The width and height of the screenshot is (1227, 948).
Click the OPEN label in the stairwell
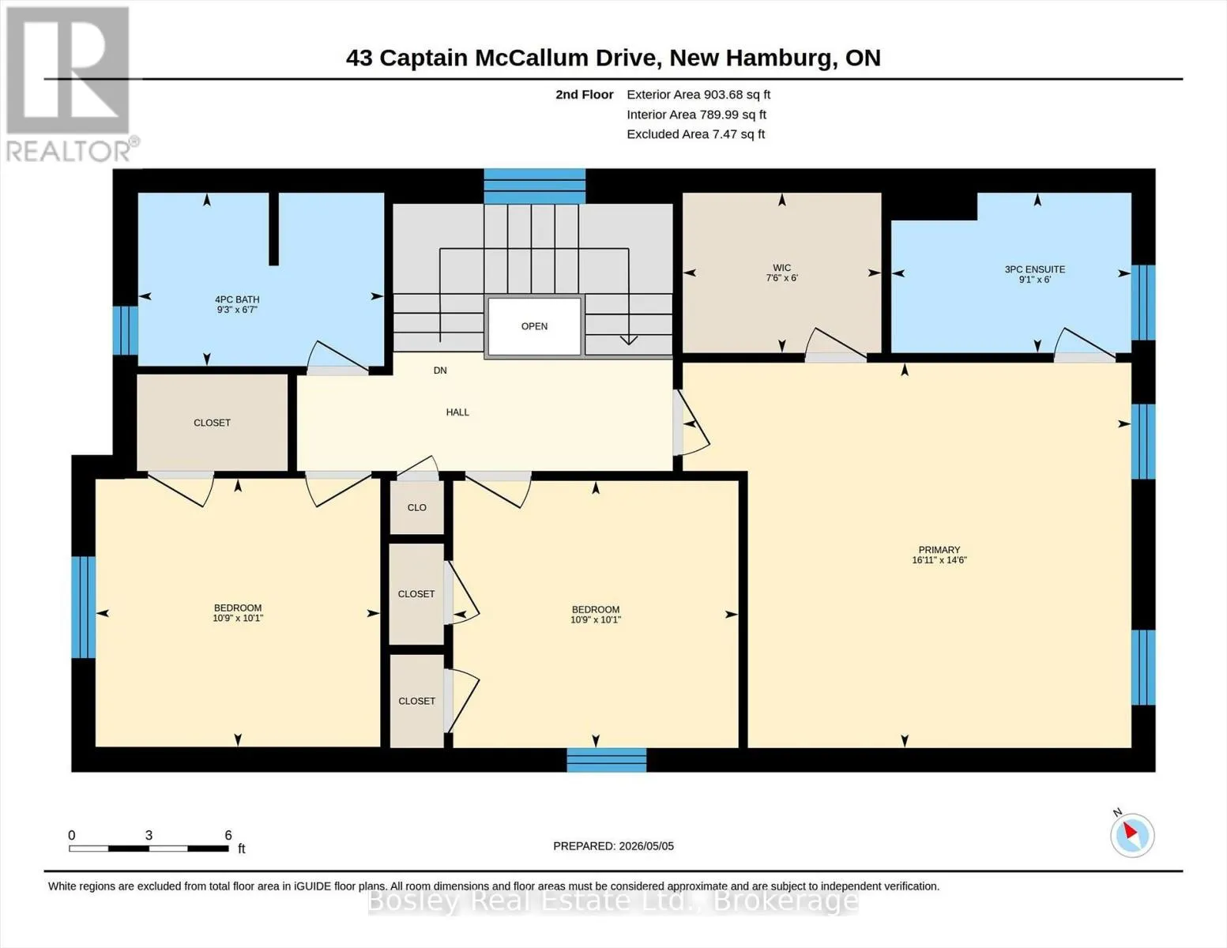[534, 326]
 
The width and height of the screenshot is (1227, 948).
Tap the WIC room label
[781, 268]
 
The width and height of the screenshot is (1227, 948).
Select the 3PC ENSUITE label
[1034, 269]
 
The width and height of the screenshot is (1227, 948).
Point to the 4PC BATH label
[237, 300]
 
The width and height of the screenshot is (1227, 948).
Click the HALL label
[457, 412]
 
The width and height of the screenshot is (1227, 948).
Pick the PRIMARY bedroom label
[939, 550]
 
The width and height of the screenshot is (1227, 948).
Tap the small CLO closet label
[416, 508]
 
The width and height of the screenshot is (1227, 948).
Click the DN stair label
[440, 371]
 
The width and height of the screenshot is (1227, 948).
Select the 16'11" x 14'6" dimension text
[939, 560]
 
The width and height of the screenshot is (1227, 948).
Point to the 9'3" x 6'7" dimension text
[237, 310]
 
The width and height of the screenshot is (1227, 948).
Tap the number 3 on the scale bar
[149, 835]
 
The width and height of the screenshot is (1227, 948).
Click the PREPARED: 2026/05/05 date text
[613, 846]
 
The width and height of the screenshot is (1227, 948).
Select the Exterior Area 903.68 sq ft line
[698, 94]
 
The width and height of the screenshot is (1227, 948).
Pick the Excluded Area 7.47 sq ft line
[695, 134]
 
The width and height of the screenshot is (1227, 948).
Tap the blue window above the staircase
[534, 186]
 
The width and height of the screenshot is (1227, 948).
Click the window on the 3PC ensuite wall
[1143, 303]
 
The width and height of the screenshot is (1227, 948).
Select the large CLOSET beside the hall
[213, 423]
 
